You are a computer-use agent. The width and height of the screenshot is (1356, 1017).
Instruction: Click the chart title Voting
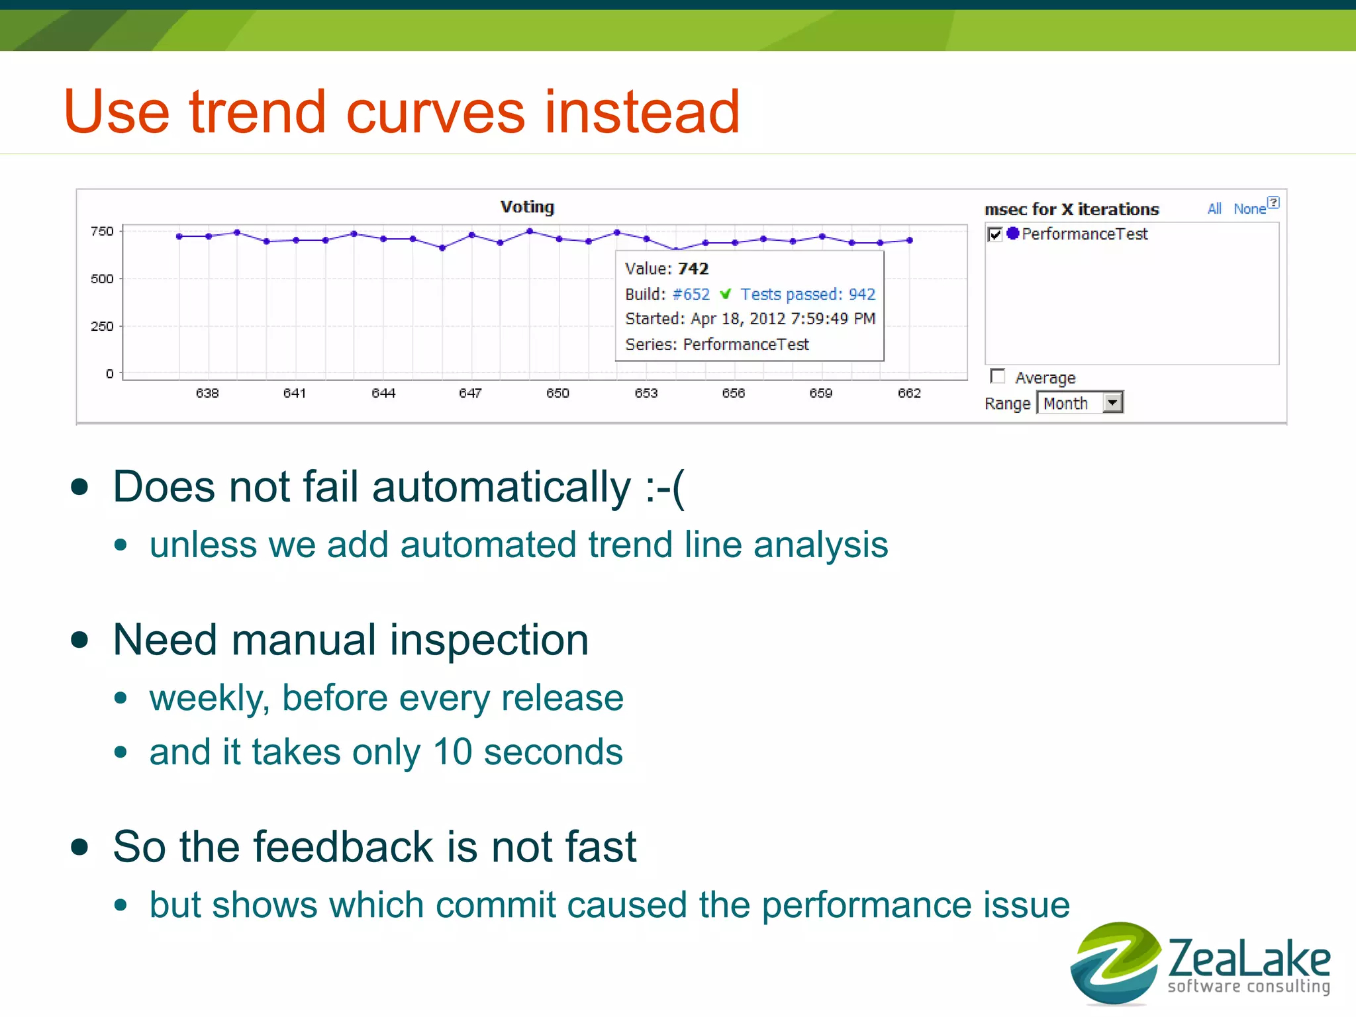pyautogui.click(x=527, y=207)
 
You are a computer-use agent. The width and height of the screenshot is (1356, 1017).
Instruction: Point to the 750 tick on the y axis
pyautogui.click(x=102, y=231)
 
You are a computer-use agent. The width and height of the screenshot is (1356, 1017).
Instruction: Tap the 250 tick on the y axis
pyautogui.click(x=102, y=326)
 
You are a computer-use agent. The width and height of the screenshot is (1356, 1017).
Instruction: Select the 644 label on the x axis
pyautogui.click(x=383, y=393)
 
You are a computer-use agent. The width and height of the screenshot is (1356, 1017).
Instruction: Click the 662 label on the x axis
pyautogui.click(x=909, y=393)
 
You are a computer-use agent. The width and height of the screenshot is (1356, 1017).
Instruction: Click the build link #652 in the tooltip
pyautogui.click(x=691, y=294)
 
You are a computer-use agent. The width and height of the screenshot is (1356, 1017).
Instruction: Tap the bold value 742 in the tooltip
pyautogui.click(x=693, y=269)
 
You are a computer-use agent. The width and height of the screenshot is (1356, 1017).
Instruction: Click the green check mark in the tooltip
pyautogui.click(x=726, y=294)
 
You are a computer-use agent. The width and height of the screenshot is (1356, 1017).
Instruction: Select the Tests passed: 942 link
pyautogui.click(x=808, y=294)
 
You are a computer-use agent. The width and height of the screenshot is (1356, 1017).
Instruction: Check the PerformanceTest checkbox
pyautogui.click(x=995, y=234)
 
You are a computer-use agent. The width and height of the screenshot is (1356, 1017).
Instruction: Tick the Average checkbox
pyautogui.click(x=997, y=376)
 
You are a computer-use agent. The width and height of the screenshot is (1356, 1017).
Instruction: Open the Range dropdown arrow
pyautogui.click(x=1112, y=402)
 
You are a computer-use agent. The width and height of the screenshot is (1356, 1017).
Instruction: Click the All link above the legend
pyautogui.click(x=1214, y=209)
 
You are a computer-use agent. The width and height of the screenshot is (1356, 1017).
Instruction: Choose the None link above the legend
pyautogui.click(x=1249, y=209)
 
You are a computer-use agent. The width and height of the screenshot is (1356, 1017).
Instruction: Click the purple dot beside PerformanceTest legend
pyautogui.click(x=1012, y=233)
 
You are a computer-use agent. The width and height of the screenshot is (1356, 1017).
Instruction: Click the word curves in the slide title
pyautogui.click(x=436, y=112)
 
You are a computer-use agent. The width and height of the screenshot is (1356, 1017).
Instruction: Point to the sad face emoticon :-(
pyautogui.click(x=665, y=488)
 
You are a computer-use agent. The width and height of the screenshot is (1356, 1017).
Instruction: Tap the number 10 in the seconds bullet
pyautogui.click(x=452, y=752)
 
